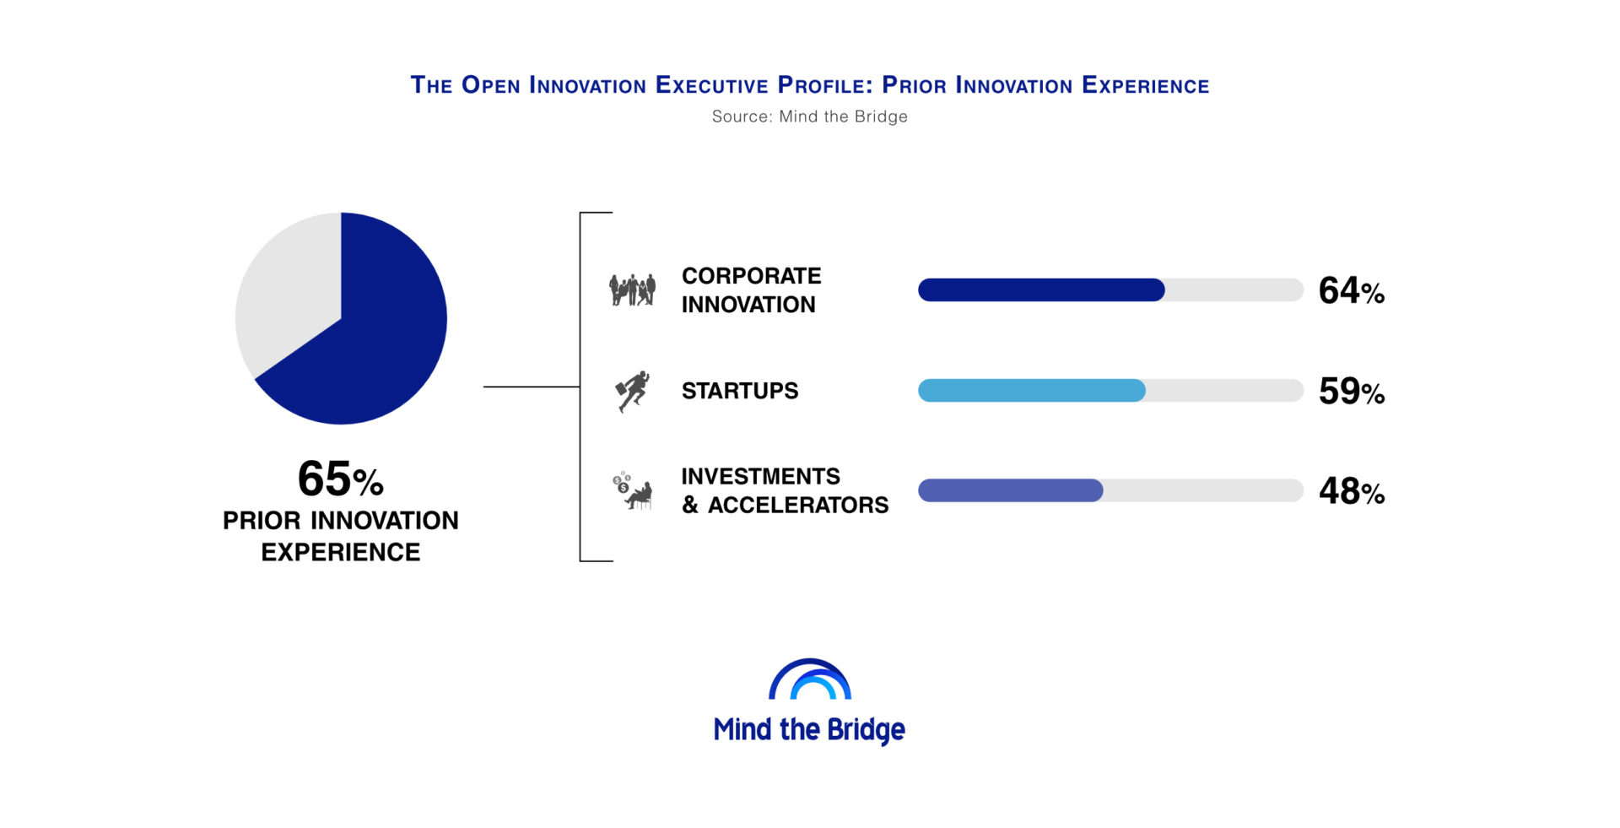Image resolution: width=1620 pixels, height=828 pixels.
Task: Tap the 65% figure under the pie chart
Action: (341, 479)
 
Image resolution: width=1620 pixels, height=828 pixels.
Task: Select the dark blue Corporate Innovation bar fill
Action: (1041, 290)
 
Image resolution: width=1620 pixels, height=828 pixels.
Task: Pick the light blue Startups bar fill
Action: (1032, 390)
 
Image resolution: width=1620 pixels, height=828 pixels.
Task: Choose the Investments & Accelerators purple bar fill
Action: (1011, 490)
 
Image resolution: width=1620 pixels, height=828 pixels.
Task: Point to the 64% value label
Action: (1352, 290)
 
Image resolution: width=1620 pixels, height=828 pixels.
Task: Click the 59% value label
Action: (1352, 391)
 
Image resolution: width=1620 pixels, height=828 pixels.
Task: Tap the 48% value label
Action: (1352, 491)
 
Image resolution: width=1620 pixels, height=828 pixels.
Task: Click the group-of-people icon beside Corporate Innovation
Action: (632, 290)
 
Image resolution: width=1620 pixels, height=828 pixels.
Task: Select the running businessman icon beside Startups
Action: (633, 391)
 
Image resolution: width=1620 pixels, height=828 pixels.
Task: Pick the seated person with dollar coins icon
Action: (633, 490)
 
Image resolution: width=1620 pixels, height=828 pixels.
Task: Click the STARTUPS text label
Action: (740, 391)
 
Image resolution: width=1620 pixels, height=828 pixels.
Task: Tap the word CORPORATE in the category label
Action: (751, 276)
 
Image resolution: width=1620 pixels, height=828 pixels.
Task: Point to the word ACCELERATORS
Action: (798, 505)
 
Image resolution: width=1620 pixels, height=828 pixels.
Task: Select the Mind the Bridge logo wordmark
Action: (809, 729)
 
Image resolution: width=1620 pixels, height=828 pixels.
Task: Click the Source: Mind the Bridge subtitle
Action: (810, 116)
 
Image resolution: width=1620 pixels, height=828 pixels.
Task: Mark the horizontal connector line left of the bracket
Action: (532, 387)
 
